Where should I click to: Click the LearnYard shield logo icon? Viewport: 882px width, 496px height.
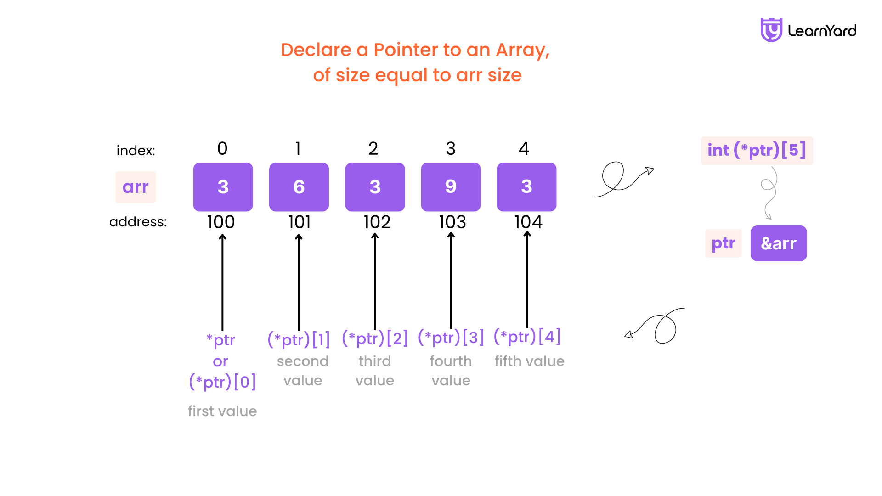click(771, 30)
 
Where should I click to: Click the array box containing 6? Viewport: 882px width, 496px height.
click(299, 187)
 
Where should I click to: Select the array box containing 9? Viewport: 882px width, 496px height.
click(451, 187)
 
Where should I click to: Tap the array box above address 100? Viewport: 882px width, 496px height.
click(223, 187)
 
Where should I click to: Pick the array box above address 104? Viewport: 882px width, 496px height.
click(527, 187)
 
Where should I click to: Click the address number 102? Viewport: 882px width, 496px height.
click(377, 222)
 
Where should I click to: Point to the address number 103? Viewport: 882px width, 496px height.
click(452, 222)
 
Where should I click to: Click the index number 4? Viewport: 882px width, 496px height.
click(524, 148)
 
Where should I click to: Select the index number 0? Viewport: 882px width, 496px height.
click(222, 148)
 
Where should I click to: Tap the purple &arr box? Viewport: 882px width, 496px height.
click(779, 243)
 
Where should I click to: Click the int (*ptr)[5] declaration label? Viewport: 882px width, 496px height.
click(757, 150)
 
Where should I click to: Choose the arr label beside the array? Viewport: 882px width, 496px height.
click(136, 187)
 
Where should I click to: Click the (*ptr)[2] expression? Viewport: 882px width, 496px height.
click(375, 338)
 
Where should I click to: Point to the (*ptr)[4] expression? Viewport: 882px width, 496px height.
click(527, 337)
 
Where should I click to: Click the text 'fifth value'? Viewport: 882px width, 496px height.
click(530, 361)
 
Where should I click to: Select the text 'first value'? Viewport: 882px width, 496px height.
click(222, 411)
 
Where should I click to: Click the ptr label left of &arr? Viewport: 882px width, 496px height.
click(724, 243)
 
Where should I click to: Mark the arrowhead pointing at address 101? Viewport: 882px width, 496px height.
click(299, 237)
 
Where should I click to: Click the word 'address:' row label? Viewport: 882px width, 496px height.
click(138, 222)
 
